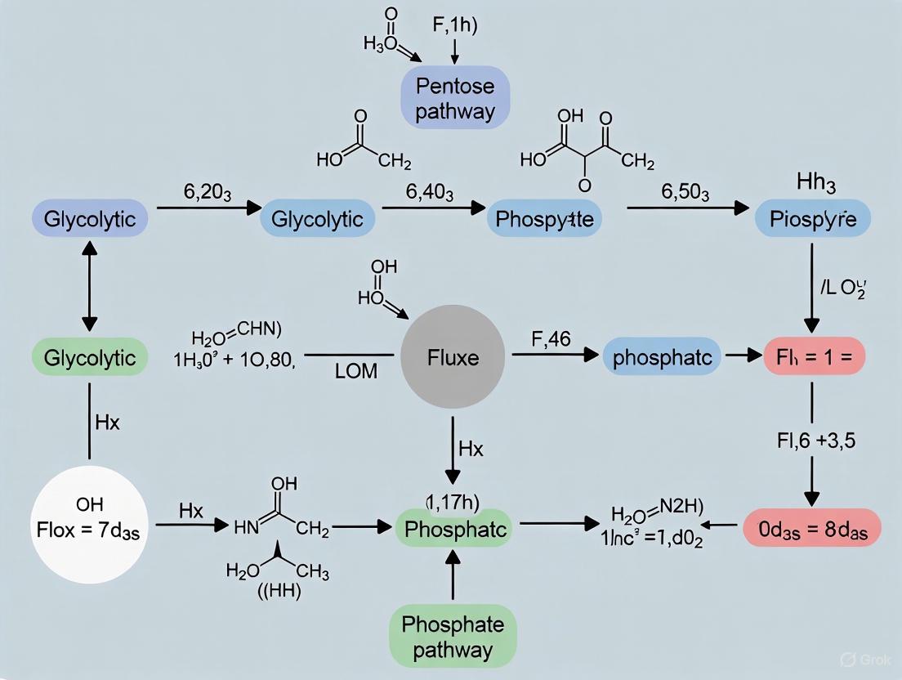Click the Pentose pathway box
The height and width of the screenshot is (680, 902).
point(454,97)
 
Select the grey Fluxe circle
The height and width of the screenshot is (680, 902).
point(452,359)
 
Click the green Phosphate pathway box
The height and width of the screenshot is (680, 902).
point(452,637)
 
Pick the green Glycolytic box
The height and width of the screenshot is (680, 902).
point(89,358)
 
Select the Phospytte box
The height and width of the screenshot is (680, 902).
point(544,219)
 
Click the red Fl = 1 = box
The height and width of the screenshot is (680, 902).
point(813,358)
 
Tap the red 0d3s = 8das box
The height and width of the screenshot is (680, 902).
point(812,528)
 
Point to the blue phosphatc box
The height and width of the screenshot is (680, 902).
point(662,358)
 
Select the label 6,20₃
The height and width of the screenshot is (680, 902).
point(207,194)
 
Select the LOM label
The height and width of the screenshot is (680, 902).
point(356,371)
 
